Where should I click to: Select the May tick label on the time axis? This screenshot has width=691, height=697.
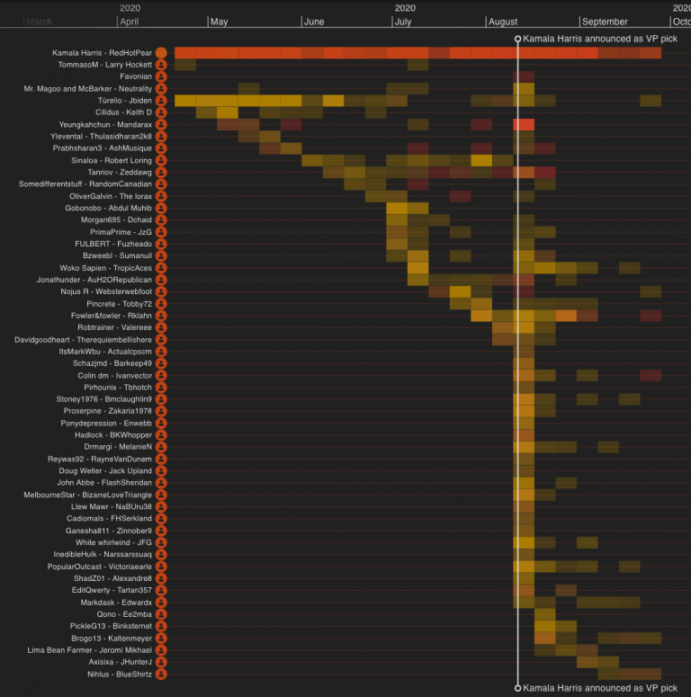point(219,22)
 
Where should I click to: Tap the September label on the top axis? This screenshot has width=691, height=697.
point(605,22)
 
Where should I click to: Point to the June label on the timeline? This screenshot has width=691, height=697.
point(313,22)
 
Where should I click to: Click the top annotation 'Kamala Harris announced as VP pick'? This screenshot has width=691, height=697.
point(600,40)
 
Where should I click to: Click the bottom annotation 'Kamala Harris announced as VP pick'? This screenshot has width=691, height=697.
point(600,688)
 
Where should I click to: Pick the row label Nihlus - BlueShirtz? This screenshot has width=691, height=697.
point(119,674)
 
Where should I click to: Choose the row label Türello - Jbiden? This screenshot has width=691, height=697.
point(119,101)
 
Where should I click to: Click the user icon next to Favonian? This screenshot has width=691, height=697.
point(161,77)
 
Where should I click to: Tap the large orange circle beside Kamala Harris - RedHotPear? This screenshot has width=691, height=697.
point(161,53)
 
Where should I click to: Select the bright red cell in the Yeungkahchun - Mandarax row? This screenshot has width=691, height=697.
point(524,124)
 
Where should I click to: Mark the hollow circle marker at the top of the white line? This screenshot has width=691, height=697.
point(517,40)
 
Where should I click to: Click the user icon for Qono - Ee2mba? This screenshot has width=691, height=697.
point(161,614)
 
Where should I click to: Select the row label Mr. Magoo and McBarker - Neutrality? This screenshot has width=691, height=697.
point(88,89)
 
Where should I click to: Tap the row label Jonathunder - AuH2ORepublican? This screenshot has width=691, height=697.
point(94,280)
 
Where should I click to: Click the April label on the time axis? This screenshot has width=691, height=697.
point(129,22)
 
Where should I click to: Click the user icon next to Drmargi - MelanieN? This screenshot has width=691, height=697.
point(161,447)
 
